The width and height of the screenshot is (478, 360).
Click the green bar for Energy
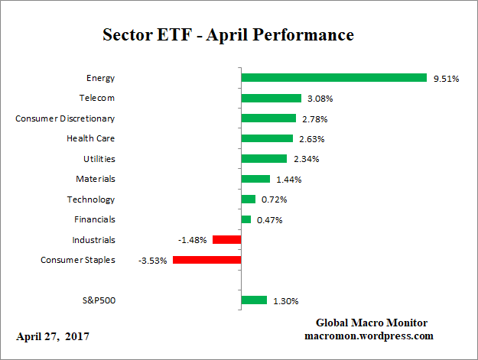coord(333,77)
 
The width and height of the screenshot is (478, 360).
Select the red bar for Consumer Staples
coord(206,260)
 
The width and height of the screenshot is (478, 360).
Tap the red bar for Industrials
coord(226,240)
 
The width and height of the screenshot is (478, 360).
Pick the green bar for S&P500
coord(254,300)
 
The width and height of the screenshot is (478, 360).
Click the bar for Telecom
coord(271,98)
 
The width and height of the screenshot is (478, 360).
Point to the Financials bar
coord(246,219)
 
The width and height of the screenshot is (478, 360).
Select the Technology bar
coord(248,199)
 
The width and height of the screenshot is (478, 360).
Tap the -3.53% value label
coord(153,261)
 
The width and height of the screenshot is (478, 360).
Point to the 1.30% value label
coord(285,301)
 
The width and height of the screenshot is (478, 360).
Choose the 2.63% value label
coord(311,139)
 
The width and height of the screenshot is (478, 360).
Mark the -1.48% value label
coord(193,240)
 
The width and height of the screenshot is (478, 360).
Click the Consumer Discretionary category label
coord(66,118)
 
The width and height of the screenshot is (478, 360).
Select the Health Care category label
coord(91,138)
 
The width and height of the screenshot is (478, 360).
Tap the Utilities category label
coord(99,159)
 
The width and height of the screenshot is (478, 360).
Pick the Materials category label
coord(96,179)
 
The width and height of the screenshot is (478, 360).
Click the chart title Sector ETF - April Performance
coord(228,35)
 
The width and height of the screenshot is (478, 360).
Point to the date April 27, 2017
coord(52,336)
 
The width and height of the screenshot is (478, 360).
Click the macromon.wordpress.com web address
coord(370,336)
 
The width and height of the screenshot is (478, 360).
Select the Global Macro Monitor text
coord(371,323)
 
